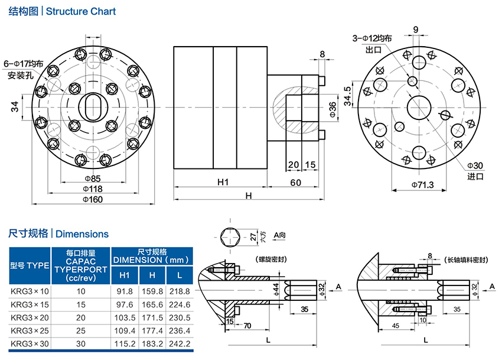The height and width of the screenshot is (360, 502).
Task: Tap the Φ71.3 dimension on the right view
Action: pyautogui.click(x=422, y=185)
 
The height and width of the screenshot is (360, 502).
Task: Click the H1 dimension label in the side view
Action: pyautogui.click(x=222, y=182)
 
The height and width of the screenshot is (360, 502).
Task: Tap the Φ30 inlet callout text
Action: pyautogui.click(x=475, y=166)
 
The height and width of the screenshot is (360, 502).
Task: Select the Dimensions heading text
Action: pyautogui.click(x=82, y=234)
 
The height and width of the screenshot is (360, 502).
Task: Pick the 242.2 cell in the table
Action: pyautogui.click(x=180, y=343)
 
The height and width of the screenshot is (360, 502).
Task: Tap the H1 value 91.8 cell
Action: pyautogui.click(x=125, y=291)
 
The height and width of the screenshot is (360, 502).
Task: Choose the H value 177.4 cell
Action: pyautogui.click(x=152, y=330)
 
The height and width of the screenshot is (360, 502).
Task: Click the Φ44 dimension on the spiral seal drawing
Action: pyautogui.click(x=275, y=288)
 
